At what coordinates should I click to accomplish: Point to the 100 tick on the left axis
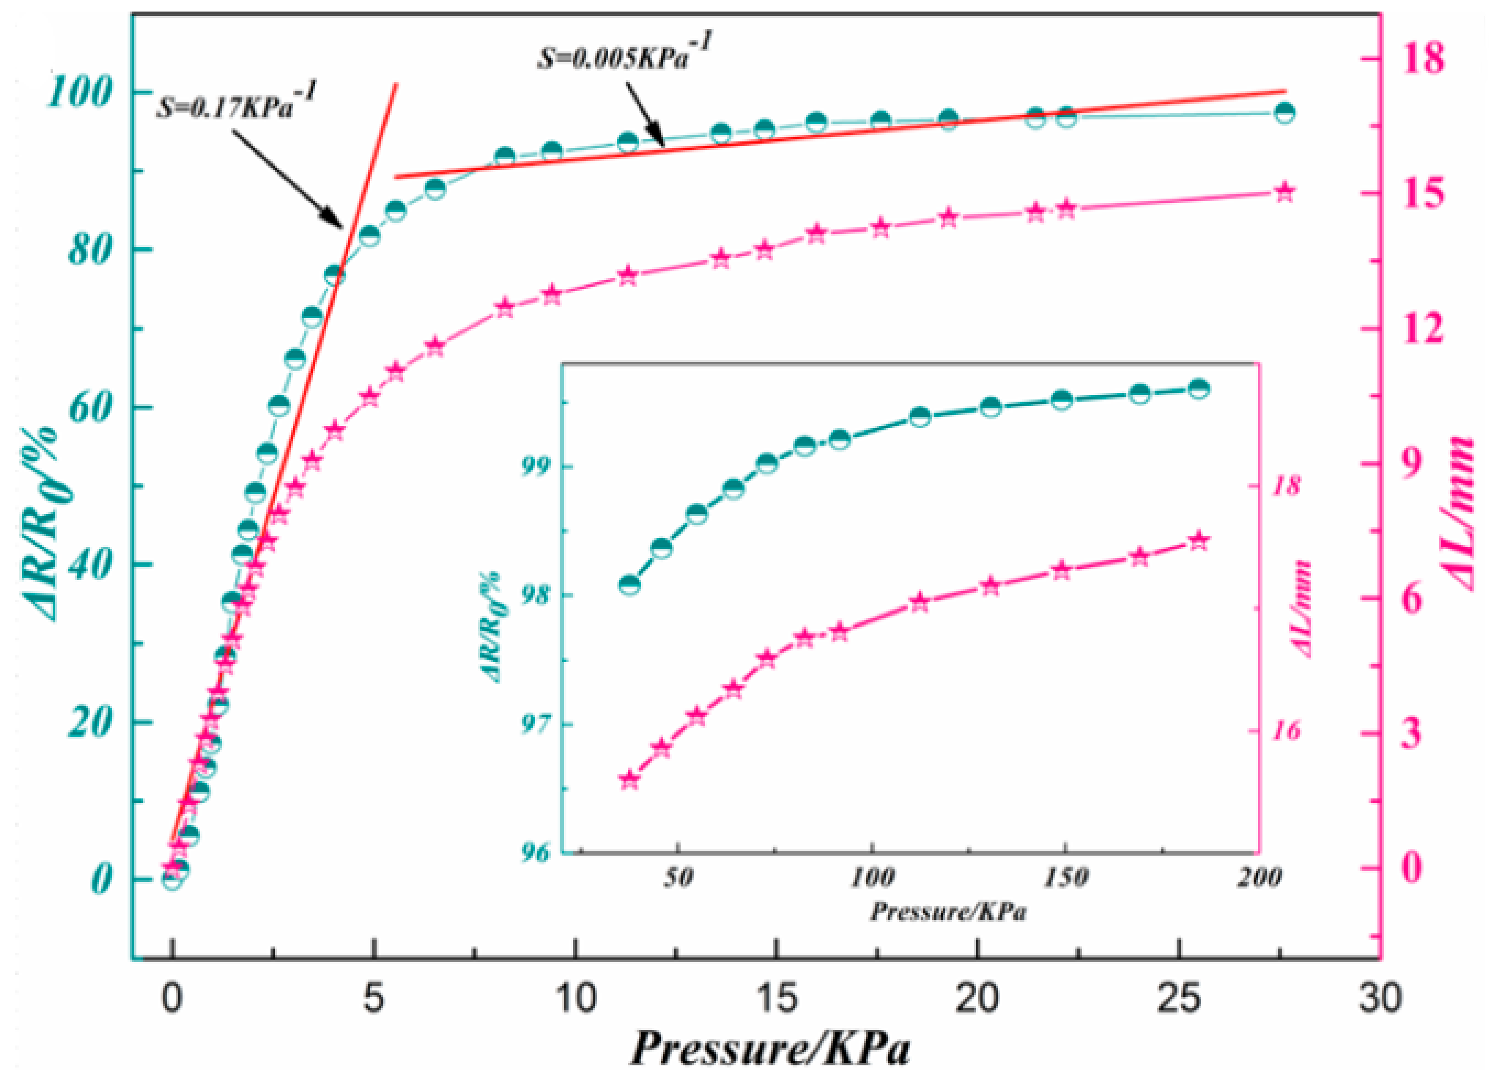pos(78,92)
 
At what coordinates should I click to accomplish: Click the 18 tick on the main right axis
pos(1425,58)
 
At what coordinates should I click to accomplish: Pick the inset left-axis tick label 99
pos(538,467)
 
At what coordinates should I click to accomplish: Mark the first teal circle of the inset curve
pos(630,585)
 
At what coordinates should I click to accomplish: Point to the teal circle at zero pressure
pos(173,879)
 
